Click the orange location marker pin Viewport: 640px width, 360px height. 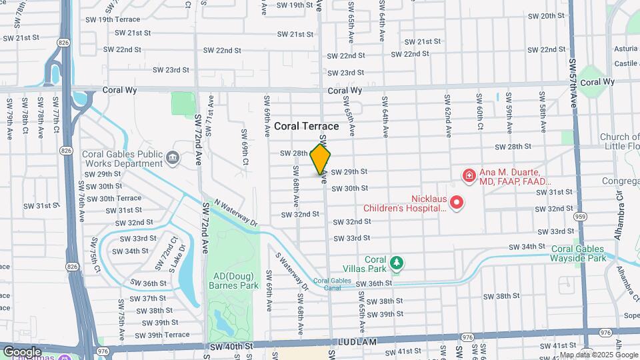tap(321, 159)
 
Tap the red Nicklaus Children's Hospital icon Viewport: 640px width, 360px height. tap(457, 202)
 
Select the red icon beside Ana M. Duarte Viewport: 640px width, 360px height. tap(469, 176)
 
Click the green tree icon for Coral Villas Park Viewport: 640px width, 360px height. tap(397, 263)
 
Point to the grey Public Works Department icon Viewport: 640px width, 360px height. tap(173, 157)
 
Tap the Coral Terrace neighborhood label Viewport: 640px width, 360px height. tap(307, 126)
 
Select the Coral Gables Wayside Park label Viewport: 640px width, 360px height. tap(579, 253)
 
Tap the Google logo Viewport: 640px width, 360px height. tap(23, 351)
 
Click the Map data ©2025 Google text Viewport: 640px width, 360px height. tap(589, 355)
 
